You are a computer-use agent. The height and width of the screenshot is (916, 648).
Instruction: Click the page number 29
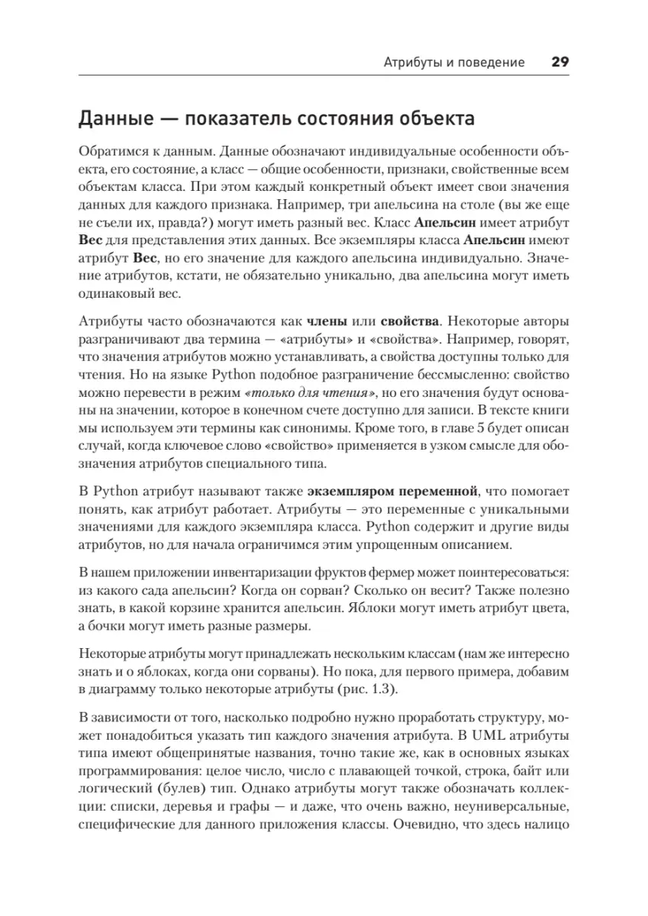(556, 63)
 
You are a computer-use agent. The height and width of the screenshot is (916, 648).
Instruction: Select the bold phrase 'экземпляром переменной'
(393, 489)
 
